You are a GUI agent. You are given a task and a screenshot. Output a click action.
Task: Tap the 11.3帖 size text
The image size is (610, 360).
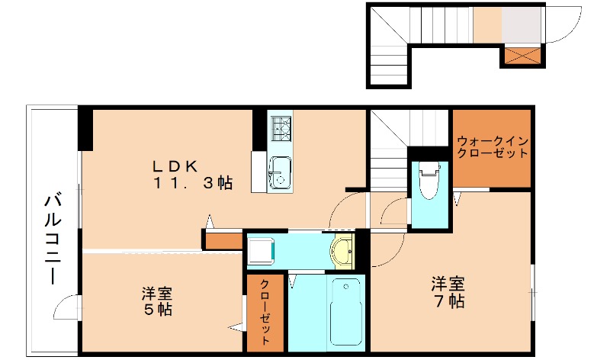tap(192, 183)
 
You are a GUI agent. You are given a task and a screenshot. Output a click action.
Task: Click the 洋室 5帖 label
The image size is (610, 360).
tap(156, 301)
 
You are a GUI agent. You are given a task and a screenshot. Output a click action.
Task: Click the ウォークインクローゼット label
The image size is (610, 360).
tap(492, 146)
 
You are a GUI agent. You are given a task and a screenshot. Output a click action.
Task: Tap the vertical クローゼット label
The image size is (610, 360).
tap(265, 313)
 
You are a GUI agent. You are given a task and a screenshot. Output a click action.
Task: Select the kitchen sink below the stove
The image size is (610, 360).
tap(280, 172)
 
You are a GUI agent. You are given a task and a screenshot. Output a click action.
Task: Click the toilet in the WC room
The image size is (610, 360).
tap(429, 180)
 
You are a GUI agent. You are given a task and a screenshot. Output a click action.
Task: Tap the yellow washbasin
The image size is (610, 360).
tap(343, 251)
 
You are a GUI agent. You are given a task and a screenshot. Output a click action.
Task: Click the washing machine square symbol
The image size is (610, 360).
tap(261, 251)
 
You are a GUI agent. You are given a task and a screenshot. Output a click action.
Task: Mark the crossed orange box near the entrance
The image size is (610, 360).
tap(522, 56)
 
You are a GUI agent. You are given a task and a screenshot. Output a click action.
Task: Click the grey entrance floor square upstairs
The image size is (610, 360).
tap(521, 24)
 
